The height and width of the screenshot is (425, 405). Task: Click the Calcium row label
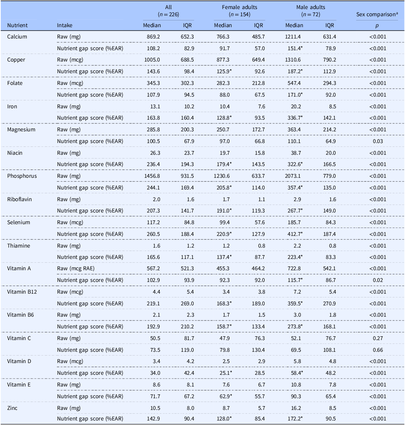(17, 37)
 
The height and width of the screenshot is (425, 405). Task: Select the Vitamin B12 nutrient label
(20, 292)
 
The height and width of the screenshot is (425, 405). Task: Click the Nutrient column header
(17, 25)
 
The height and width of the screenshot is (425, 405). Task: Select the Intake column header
(65, 25)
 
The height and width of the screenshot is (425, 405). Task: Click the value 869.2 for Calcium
(153, 37)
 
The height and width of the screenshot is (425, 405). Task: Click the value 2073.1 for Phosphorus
(295, 176)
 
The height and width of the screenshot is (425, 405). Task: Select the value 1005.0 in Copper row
(152, 60)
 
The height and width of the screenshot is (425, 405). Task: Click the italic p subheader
(377, 25)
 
